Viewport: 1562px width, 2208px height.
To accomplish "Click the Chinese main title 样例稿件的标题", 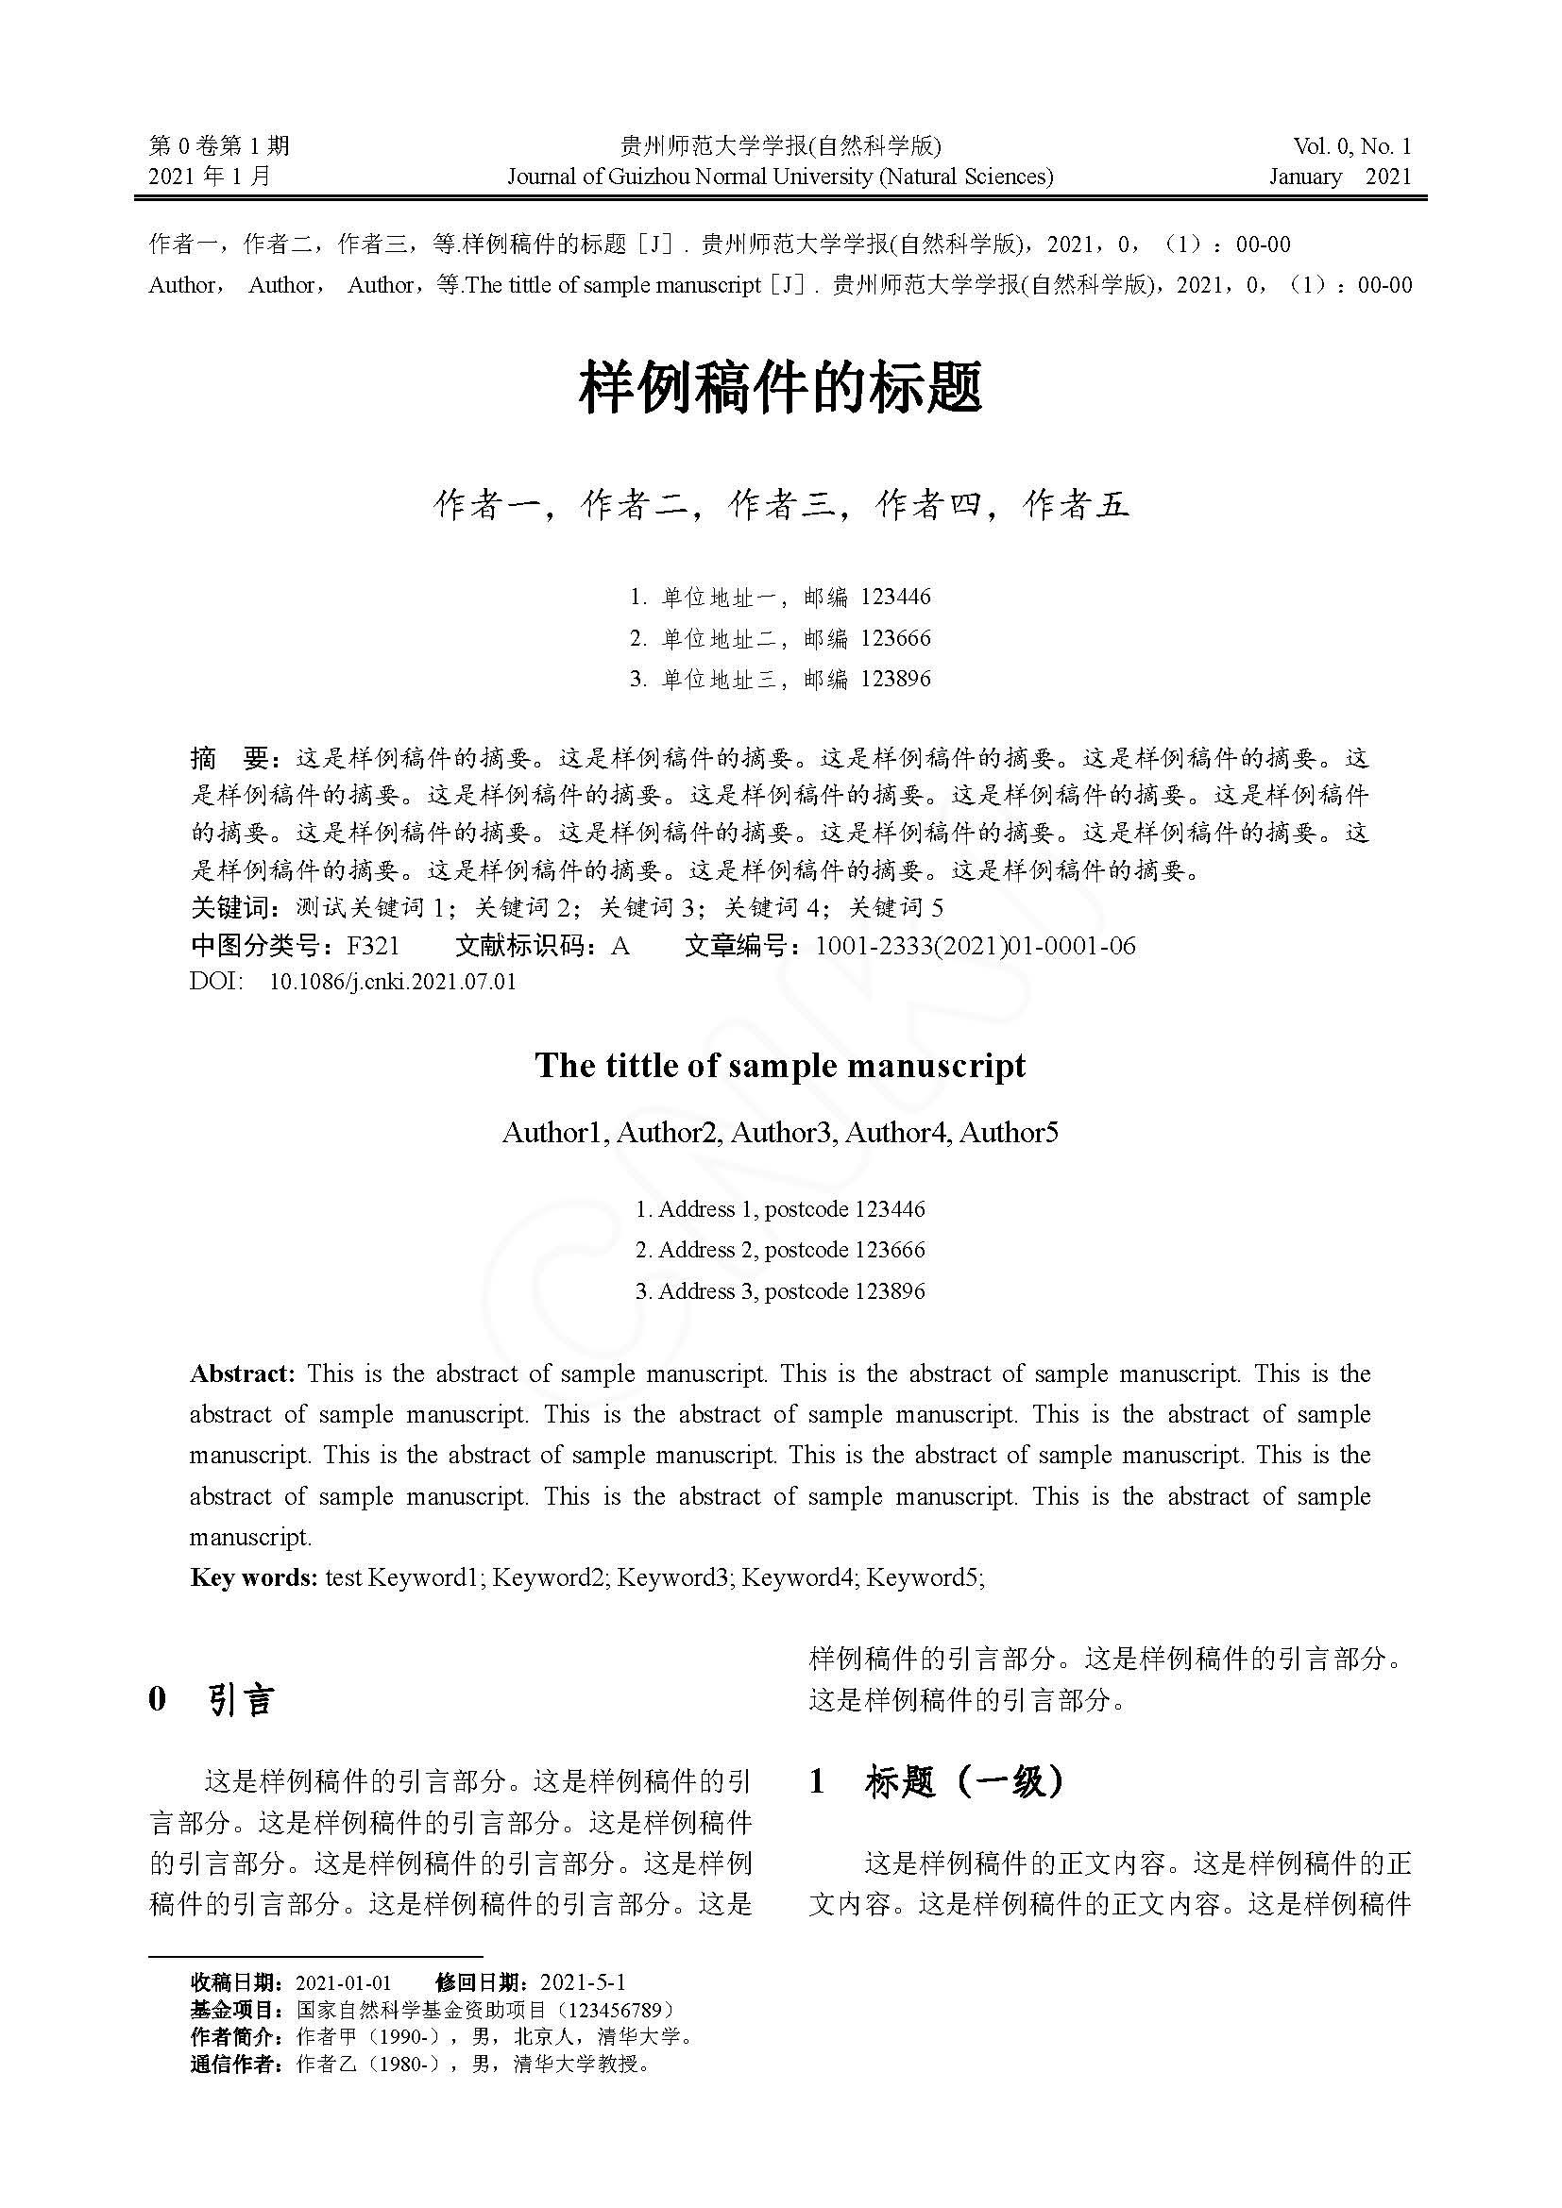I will point(780,388).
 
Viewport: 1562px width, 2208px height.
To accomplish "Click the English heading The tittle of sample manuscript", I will point(780,1066).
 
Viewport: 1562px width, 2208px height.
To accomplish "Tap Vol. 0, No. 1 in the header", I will point(1351,146).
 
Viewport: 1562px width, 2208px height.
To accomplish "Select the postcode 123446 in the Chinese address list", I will point(895,598).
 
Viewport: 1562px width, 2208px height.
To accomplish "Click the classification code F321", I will point(373,946).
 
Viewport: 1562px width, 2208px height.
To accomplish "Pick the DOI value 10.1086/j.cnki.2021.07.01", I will point(393,982).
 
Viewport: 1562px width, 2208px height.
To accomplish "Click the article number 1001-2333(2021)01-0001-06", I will point(976,946).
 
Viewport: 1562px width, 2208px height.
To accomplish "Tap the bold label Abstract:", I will point(242,1374).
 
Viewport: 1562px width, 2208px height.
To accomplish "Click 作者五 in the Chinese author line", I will point(1076,505).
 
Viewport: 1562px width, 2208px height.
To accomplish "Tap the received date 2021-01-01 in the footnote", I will point(344,1982).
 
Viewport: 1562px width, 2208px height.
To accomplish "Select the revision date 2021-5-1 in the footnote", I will point(583,1982).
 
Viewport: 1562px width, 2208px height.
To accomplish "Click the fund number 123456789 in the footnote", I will point(615,2010).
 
